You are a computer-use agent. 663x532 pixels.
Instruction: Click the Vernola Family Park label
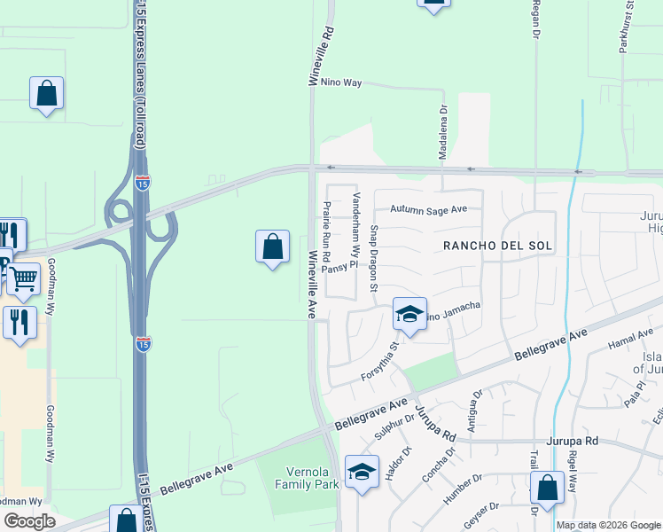(308, 479)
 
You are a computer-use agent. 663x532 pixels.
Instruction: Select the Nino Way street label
(341, 82)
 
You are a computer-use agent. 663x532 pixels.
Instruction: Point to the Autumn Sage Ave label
(429, 210)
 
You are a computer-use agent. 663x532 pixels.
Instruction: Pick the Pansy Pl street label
(339, 265)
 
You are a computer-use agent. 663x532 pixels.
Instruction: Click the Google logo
(29, 521)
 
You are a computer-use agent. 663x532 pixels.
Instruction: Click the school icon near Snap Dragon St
(409, 315)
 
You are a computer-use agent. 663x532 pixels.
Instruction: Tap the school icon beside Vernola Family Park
(362, 473)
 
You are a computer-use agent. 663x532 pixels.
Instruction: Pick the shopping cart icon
(23, 279)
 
